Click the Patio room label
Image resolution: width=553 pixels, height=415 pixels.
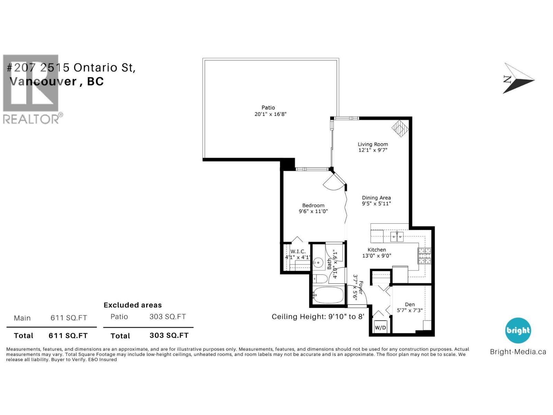[268, 108]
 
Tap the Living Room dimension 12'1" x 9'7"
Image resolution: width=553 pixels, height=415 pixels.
[373, 150]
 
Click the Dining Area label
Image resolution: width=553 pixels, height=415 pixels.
[376, 198]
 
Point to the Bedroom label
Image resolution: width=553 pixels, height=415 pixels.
[313, 205]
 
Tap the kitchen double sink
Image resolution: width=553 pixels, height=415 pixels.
[397, 237]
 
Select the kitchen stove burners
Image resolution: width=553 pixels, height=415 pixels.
[425, 256]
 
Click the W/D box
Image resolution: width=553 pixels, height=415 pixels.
[380, 328]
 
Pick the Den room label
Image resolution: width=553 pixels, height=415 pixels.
[410, 304]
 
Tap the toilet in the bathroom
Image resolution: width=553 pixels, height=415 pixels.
[320, 279]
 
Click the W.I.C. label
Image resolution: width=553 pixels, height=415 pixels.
[298, 251]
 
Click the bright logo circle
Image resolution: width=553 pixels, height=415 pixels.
[518, 330]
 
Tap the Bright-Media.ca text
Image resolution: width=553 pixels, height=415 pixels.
[518, 352]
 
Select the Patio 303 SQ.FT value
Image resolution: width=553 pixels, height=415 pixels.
[168, 317]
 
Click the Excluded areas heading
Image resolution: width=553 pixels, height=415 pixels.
[133, 305]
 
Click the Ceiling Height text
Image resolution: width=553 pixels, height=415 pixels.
[318, 317]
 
